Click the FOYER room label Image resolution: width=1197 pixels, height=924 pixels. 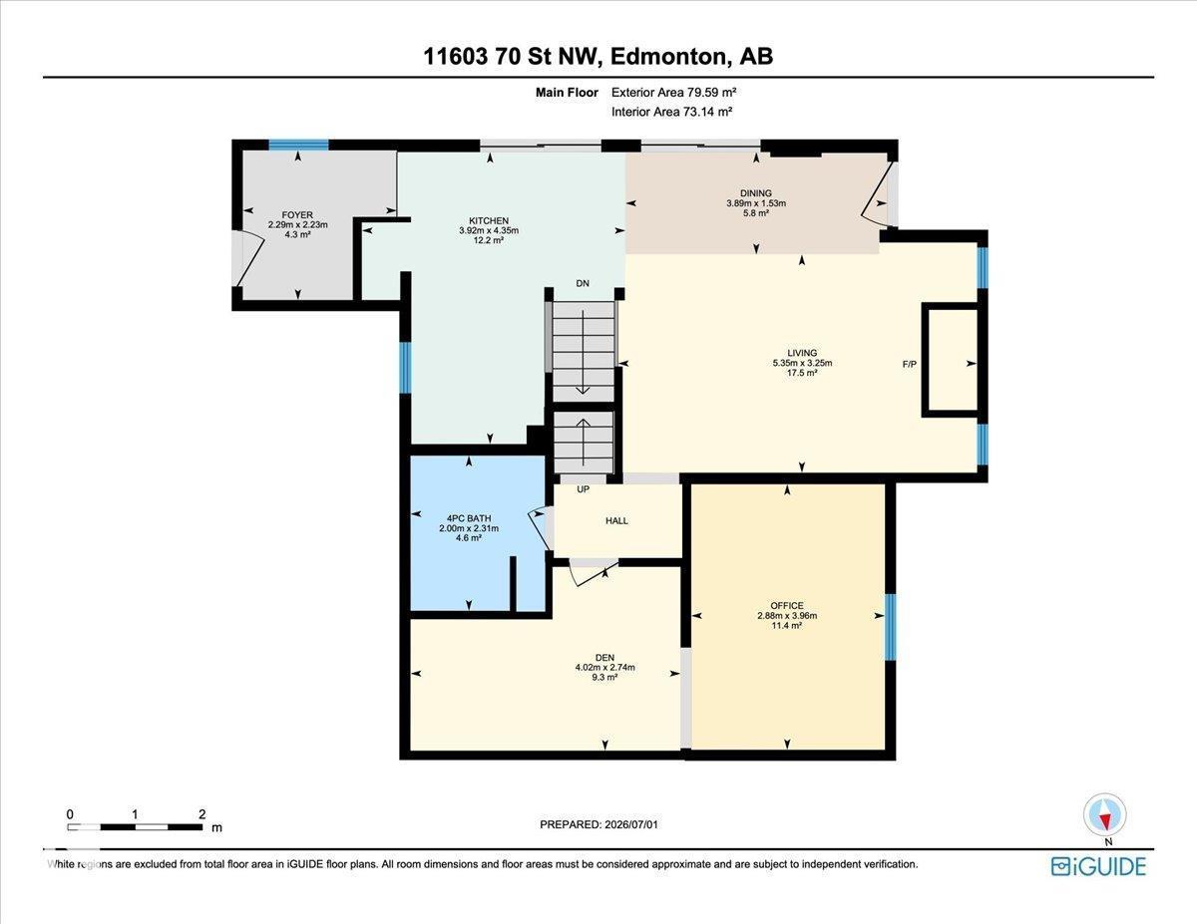pos(297,214)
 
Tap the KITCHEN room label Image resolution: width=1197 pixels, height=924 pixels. pos(489,220)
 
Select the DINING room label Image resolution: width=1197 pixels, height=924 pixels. pos(756,193)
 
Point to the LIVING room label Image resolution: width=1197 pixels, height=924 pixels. pos(802,353)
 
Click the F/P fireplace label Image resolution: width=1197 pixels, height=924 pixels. pos(910,364)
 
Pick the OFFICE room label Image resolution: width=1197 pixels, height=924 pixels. pos(787,605)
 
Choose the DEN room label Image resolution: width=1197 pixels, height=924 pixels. pos(604,657)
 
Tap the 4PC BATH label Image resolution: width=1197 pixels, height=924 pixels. pos(469,518)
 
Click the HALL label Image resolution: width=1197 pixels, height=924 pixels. pos(616,520)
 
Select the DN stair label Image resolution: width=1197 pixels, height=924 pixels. pos(583,283)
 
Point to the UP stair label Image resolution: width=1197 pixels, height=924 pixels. pos(583,488)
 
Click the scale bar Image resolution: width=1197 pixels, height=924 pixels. pos(135,826)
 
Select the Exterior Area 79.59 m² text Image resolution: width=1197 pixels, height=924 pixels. pos(673,93)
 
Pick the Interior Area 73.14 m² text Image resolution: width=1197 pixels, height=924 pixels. pos(671,113)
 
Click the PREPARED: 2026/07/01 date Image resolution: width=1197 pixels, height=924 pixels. pos(598,824)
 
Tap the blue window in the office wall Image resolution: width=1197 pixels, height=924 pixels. pos(890,627)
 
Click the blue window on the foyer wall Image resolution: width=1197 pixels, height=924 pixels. pos(298,145)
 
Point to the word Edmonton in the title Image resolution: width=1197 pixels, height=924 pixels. pos(668,57)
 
